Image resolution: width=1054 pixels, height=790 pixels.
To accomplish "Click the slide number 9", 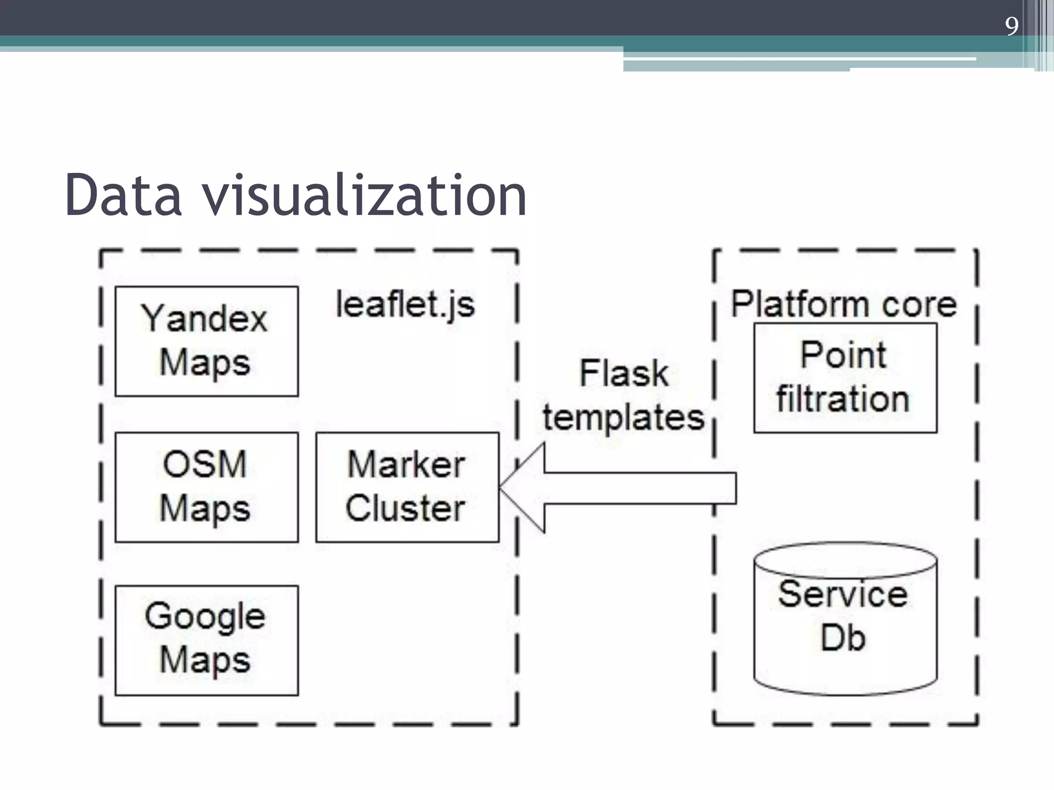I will (1011, 26).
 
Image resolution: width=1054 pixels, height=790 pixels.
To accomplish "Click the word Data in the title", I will (123, 195).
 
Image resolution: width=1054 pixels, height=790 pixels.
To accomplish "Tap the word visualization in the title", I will (364, 195).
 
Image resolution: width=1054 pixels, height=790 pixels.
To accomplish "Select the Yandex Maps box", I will (206, 341).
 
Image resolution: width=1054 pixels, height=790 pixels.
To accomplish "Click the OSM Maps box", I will (206, 487).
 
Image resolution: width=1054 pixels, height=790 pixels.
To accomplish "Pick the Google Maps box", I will (206, 640).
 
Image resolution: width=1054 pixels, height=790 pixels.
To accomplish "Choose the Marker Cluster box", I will (407, 487).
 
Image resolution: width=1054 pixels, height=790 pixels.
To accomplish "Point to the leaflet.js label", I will (405, 304).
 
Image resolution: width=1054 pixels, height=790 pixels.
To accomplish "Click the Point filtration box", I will (845, 378).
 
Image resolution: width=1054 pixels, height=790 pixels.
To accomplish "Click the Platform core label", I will (844, 304).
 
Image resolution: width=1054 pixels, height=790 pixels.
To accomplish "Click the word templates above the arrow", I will (623, 417).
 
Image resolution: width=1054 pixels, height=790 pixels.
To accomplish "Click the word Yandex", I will (204, 319).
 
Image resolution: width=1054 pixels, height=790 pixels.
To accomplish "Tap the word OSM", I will (204, 464).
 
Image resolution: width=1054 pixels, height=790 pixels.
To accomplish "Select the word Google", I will (204, 617).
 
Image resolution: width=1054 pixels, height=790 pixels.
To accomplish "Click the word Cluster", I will (405, 509).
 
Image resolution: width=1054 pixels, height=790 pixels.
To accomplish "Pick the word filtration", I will (843, 400).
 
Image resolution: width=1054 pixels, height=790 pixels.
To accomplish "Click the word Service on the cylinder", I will (842, 595).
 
